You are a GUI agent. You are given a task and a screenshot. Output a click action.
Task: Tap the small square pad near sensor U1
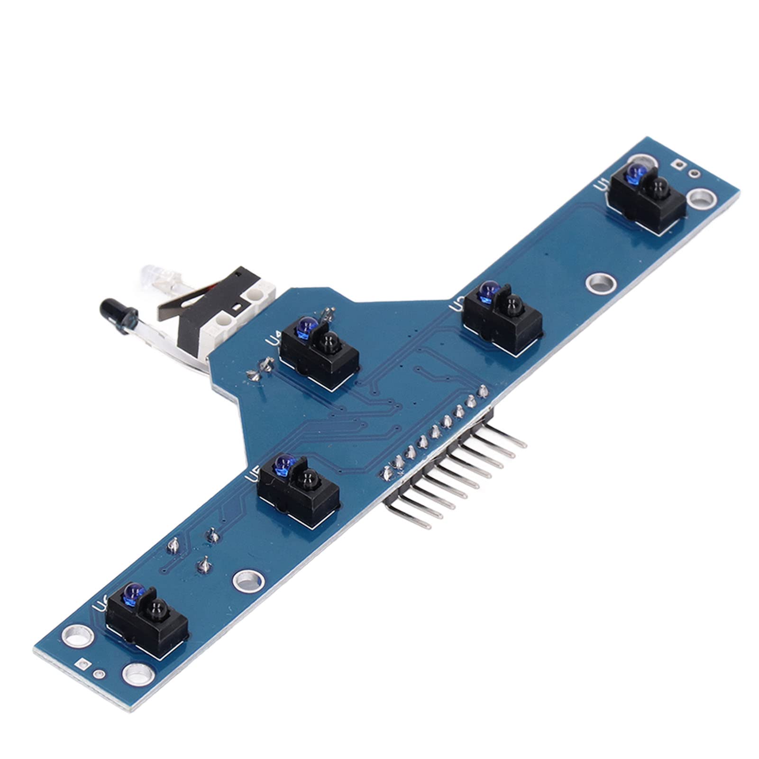tap(678, 164)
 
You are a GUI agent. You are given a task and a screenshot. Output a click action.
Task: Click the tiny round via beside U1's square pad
tap(695, 173)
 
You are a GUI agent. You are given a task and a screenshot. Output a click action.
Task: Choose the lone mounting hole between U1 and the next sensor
tap(601, 283)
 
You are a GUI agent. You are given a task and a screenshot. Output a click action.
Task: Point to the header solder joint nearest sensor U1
tap(483, 392)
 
